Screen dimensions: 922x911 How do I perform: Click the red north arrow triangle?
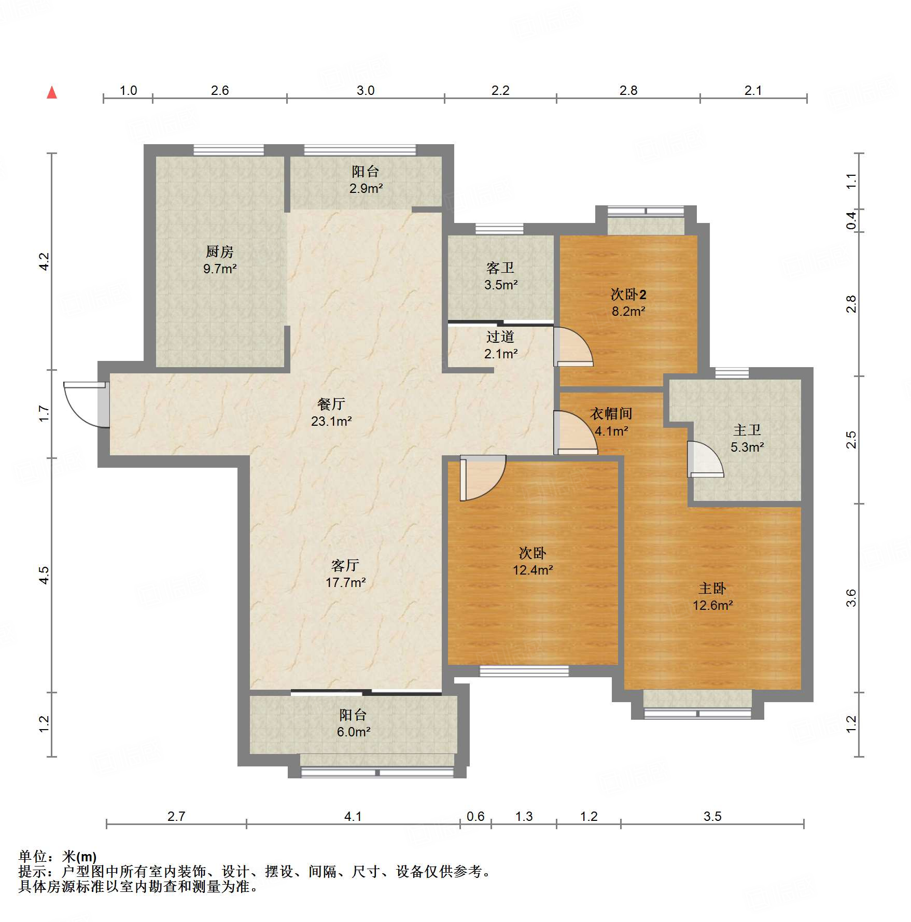click(52, 93)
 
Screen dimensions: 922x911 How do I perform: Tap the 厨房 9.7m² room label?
click(220, 260)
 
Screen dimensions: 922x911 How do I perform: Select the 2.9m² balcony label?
click(366, 180)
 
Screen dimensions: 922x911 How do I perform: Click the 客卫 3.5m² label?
click(500, 276)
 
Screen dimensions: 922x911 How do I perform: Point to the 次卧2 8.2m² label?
click(628, 303)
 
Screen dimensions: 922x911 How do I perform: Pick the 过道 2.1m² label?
click(500, 345)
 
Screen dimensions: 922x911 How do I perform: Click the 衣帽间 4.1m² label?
click(611, 422)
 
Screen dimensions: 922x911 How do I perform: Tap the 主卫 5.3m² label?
click(747, 438)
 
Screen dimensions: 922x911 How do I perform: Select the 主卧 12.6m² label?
click(712, 597)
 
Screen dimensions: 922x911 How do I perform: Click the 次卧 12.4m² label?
click(532, 562)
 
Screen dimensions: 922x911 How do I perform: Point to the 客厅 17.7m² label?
click(345, 574)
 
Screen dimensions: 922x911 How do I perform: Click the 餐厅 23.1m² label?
click(331, 413)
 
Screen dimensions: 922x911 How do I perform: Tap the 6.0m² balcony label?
click(353, 723)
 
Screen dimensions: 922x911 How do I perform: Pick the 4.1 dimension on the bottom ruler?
click(353, 816)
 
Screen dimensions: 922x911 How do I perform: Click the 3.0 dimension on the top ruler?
click(365, 90)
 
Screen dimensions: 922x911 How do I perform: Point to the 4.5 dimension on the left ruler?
click(44, 575)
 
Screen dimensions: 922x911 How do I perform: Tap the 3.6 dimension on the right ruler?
click(851, 597)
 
